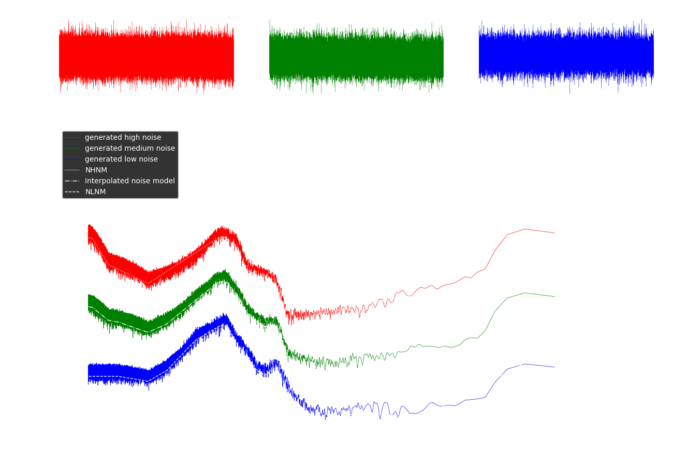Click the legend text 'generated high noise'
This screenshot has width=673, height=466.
click(x=123, y=138)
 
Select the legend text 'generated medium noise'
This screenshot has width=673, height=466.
click(x=130, y=149)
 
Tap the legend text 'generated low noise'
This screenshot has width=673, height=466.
click(x=121, y=159)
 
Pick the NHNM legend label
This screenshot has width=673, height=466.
click(x=96, y=170)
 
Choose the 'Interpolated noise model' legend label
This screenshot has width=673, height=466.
click(x=130, y=181)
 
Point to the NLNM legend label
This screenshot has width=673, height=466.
click(x=95, y=192)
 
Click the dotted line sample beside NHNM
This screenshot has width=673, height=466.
click(x=72, y=170)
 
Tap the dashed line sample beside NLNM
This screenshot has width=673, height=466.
click(x=72, y=192)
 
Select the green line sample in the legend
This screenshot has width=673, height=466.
click(x=72, y=149)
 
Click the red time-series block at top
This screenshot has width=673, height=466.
click(x=146, y=56)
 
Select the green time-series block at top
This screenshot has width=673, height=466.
click(x=356, y=56)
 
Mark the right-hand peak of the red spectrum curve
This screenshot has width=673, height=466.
click(x=525, y=229)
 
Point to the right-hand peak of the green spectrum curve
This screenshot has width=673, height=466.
click(x=525, y=293)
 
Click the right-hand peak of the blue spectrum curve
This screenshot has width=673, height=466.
click(x=525, y=364)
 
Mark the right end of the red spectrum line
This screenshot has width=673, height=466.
click(x=554, y=233)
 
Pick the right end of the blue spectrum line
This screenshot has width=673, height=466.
click(x=554, y=367)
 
